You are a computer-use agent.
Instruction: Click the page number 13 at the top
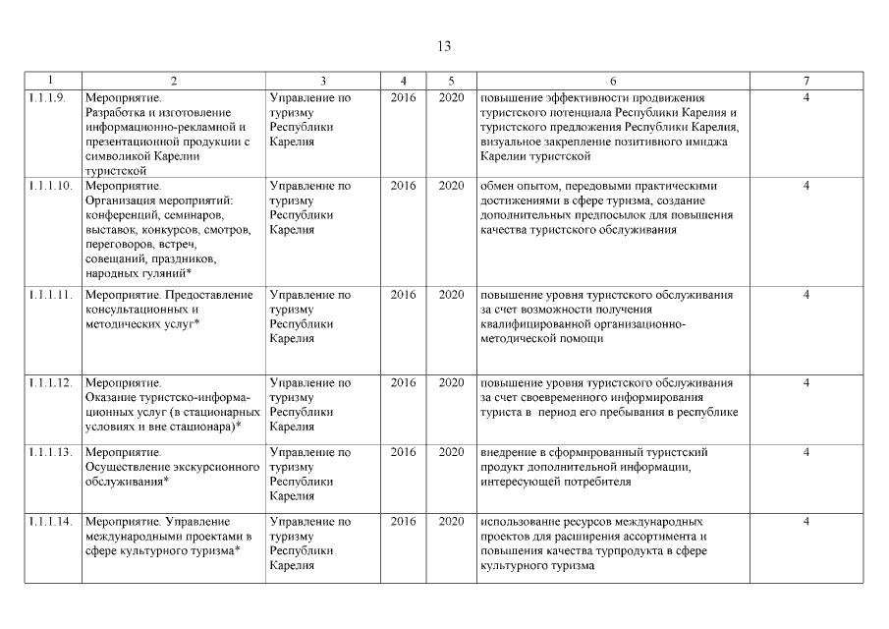[444, 45]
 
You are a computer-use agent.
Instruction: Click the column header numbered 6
[613, 80]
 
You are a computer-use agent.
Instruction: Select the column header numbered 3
[323, 80]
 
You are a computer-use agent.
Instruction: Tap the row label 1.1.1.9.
[47, 97]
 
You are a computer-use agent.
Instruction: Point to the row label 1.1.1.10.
[49, 185]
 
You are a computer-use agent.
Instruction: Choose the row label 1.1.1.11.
[49, 294]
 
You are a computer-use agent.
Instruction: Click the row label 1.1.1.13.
[49, 452]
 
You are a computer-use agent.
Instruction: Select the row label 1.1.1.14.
[49, 521]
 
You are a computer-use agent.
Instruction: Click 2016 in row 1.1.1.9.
[403, 97]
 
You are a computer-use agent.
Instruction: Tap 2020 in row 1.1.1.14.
[451, 521]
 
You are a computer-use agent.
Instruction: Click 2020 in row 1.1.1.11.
[451, 294]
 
